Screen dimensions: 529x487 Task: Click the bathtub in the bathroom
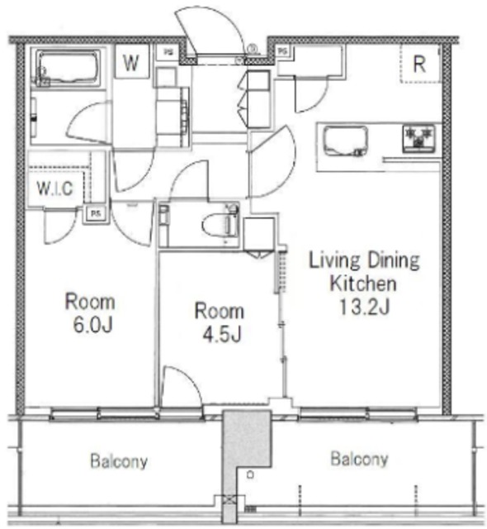68,67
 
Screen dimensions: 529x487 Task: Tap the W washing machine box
131,63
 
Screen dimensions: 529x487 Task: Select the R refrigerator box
419,64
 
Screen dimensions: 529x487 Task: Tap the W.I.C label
54,188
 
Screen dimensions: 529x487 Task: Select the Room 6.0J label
91,313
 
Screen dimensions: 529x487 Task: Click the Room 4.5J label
219,322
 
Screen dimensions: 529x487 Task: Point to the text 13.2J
364,307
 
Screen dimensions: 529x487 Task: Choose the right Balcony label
359,459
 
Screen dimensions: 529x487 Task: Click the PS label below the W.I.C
95,212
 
